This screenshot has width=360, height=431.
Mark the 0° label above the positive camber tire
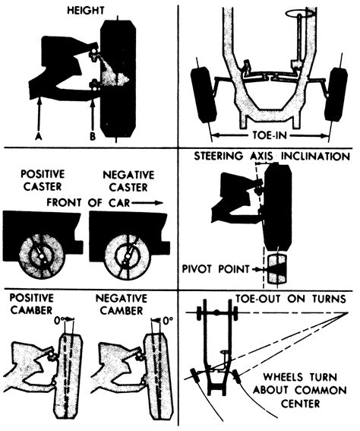pos(65,322)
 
